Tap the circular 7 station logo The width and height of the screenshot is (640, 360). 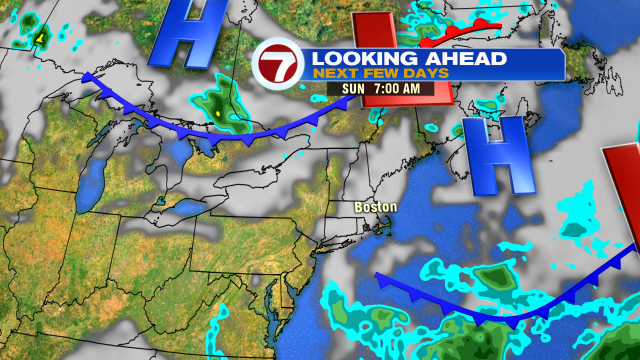click(x=274, y=66)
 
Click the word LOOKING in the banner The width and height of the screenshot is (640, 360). click(x=364, y=58)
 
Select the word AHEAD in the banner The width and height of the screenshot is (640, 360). click(x=465, y=58)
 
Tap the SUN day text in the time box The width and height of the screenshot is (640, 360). click(x=353, y=89)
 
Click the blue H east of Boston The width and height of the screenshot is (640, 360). click(x=497, y=155)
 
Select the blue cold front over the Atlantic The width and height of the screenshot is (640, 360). click(x=500, y=315)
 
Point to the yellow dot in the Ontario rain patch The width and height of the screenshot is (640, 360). click(x=218, y=114)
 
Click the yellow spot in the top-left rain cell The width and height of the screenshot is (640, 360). click(x=40, y=38)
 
